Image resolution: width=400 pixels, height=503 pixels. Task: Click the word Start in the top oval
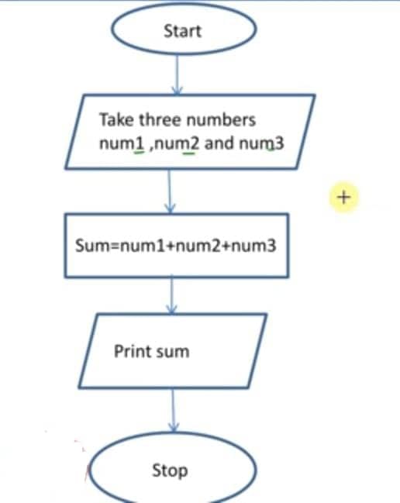pos(182,31)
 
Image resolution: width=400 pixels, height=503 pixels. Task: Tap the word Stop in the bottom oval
pos(170,470)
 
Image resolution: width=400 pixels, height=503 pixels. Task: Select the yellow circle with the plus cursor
pos(344,198)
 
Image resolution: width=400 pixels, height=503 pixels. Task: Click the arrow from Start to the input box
pos(177,74)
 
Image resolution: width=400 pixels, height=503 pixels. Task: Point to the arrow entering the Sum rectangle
pos(170,191)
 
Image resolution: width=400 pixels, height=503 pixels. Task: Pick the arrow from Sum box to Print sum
pos(172,295)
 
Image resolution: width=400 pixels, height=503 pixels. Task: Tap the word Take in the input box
pos(116,119)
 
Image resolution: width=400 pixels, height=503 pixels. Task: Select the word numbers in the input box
pos(221,120)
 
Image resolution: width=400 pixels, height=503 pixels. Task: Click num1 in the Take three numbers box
pos(122,143)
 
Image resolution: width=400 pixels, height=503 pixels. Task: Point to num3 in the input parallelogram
pos(261,143)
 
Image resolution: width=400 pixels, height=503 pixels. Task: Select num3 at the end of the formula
pos(253,246)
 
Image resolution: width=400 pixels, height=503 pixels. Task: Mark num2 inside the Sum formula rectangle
pos(198,246)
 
